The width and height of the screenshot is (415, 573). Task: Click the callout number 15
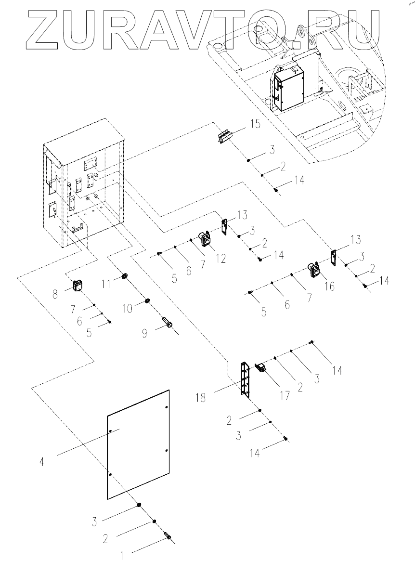pos(255,124)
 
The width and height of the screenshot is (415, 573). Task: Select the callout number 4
pos(42,462)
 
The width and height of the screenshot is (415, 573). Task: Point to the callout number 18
pos(201,398)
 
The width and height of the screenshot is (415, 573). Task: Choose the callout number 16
pos(329,286)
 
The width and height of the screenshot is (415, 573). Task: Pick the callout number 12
pos(220,259)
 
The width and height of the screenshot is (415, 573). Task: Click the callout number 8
pos(55,294)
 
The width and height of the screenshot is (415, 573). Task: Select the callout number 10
pos(127,309)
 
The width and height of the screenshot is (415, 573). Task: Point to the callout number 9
pos(144,334)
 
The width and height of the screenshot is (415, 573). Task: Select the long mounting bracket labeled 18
pos(245,380)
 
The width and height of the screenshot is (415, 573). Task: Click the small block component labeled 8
pos(78,286)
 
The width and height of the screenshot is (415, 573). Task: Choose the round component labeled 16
pos(314,271)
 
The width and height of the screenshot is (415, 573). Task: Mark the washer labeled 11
pos(125,276)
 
